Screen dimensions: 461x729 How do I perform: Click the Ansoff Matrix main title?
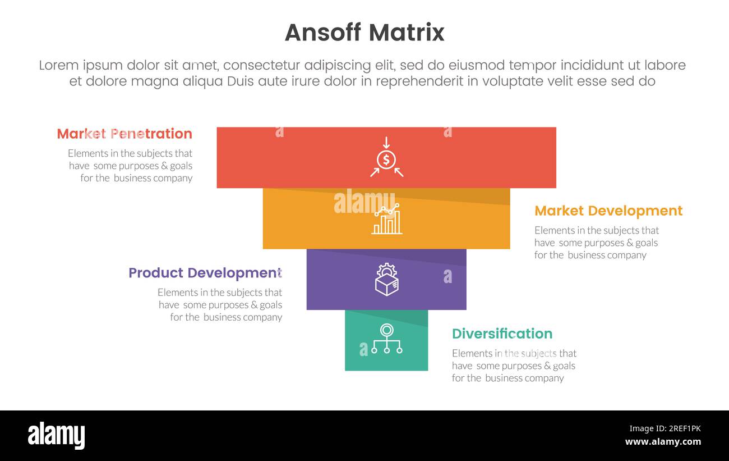pos(364,33)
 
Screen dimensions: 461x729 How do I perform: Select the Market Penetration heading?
pos(124,134)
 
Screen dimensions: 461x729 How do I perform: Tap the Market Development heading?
pos(608,211)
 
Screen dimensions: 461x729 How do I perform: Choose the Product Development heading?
pos(205,273)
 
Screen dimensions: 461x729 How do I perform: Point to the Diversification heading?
pos(502,334)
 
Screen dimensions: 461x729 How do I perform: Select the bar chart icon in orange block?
pos(386,219)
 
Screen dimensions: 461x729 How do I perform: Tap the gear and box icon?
pos(386,280)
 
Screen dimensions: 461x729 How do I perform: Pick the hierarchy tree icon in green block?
pos(386,339)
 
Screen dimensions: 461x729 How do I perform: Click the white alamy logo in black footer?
pos(56,436)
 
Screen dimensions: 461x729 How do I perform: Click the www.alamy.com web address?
pos(663,442)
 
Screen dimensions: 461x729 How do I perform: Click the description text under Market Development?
pos(596,243)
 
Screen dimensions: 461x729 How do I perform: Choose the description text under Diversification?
pos(514,366)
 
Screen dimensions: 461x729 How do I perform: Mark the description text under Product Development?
pos(220,305)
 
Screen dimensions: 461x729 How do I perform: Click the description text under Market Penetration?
pos(130,166)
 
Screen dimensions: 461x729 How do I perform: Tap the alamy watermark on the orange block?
pos(364,203)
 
